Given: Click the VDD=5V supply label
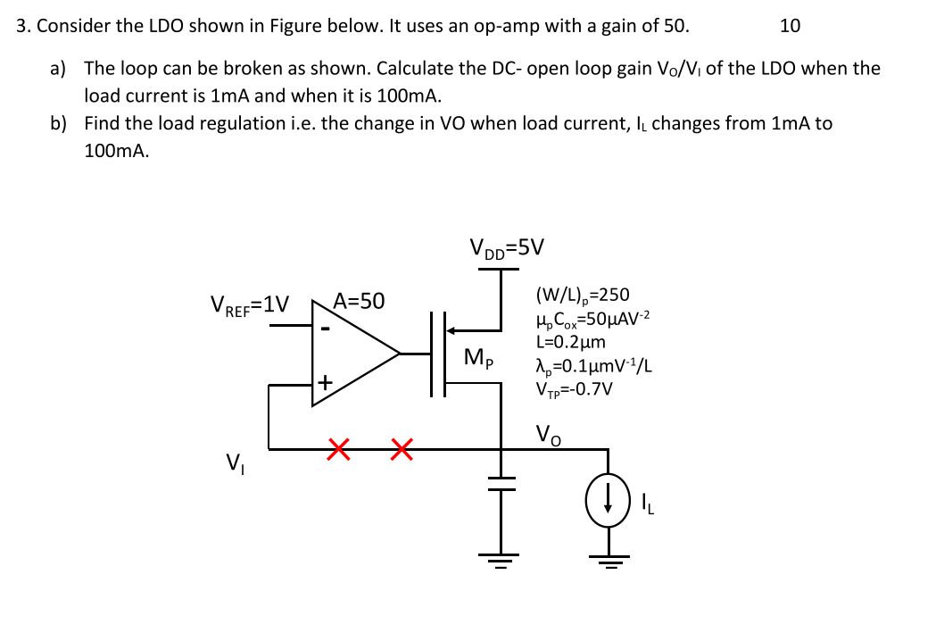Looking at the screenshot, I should point(507,248).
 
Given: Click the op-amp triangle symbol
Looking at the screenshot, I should point(352,354).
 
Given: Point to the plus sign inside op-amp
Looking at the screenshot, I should point(327,383).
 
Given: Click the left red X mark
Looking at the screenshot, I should point(337,449).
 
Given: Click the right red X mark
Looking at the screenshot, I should point(402,449).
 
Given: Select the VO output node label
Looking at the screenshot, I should point(548,435).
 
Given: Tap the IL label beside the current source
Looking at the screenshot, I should point(649,504).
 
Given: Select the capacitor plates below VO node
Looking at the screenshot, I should point(501,483).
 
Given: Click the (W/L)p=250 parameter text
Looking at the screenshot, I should point(582,295).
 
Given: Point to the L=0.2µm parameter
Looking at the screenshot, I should point(571,342).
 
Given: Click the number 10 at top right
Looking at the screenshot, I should point(790,25).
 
